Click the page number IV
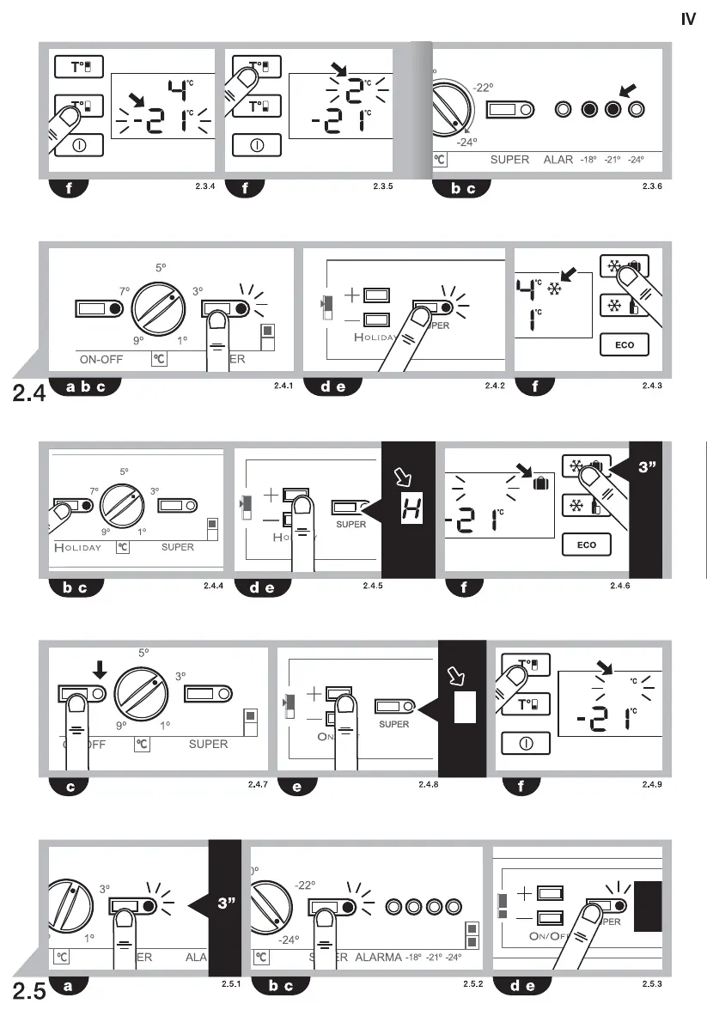[x=688, y=18]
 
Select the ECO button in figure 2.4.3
[x=624, y=346]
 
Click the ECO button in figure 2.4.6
[x=588, y=544]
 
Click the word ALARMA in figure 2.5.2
[x=379, y=957]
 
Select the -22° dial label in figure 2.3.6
[x=482, y=88]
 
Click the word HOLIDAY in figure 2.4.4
[x=78, y=547]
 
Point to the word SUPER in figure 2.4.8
[x=394, y=724]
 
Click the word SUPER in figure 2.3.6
[x=509, y=160]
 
